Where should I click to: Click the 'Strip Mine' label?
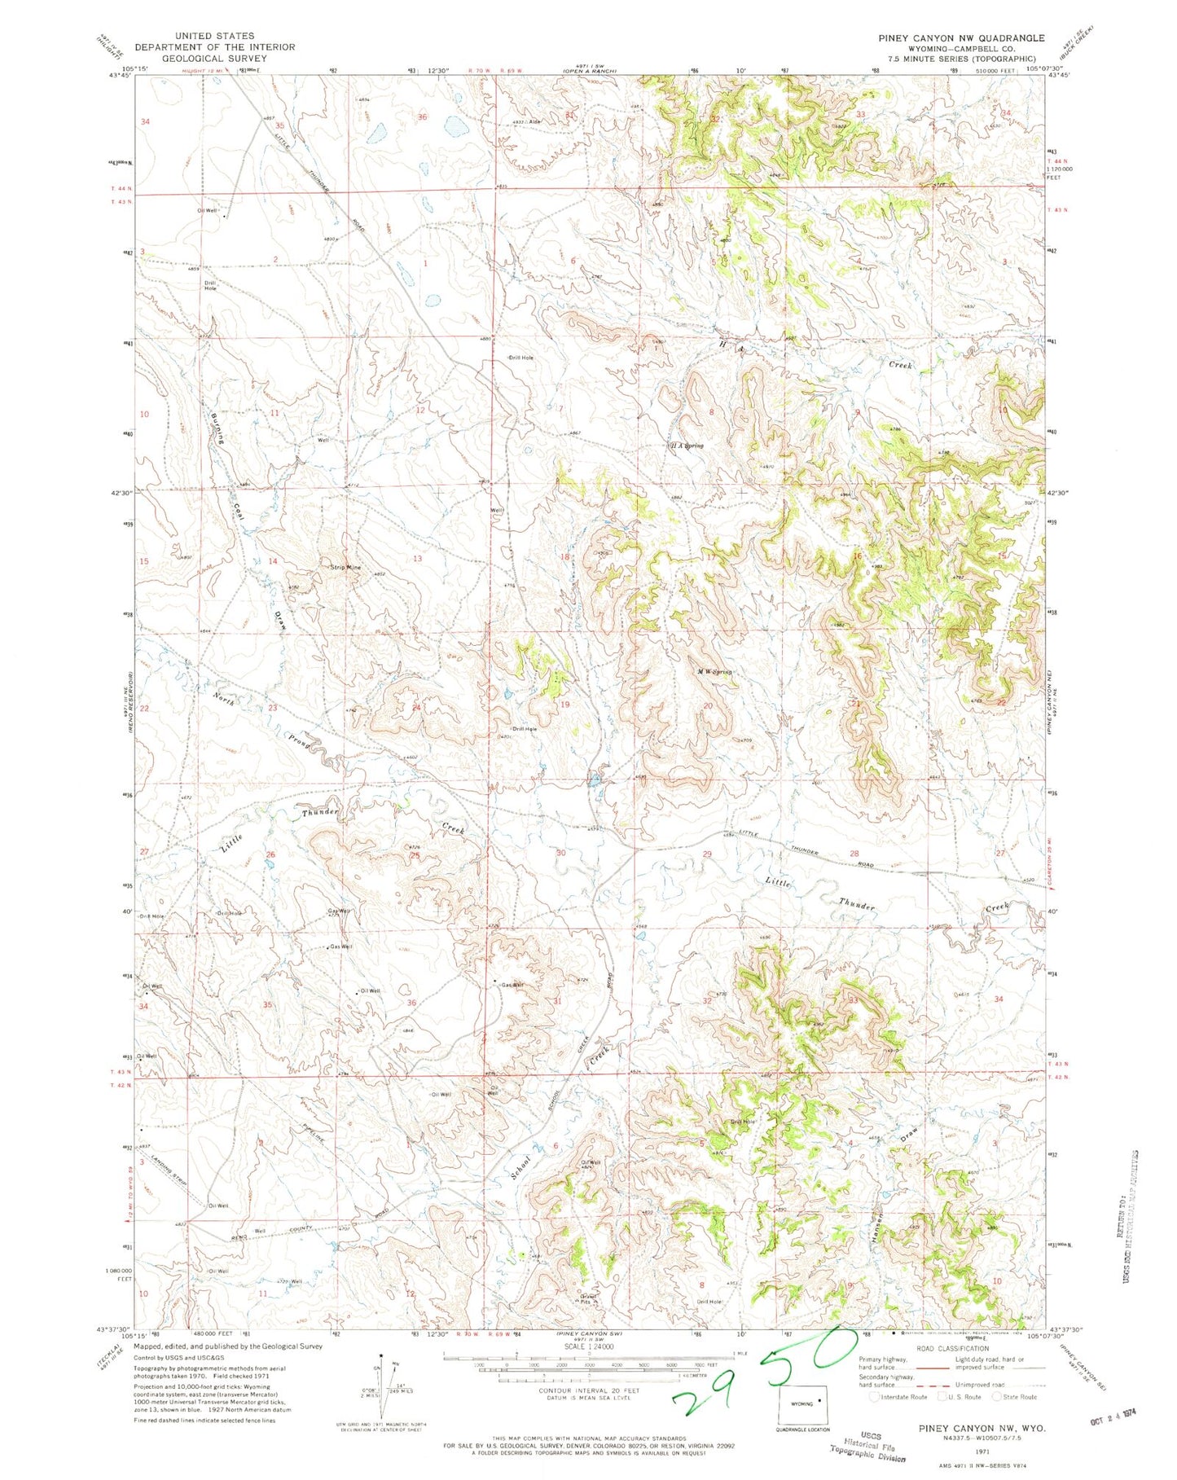pos(345,567)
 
